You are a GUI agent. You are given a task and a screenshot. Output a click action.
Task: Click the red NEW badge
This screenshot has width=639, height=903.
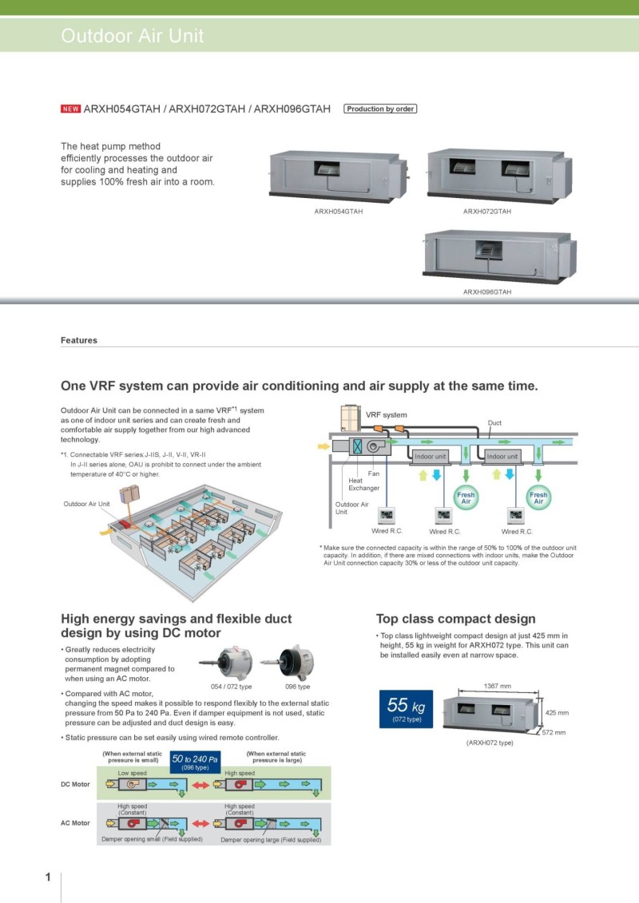pos(70,109)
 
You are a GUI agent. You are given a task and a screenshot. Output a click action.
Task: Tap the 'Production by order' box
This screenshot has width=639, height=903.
pos(380,109)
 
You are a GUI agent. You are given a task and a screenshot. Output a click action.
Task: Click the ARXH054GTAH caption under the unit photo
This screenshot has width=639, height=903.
pos(339,212)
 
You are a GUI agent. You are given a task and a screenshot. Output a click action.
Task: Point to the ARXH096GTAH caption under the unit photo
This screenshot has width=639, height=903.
pos(487,292)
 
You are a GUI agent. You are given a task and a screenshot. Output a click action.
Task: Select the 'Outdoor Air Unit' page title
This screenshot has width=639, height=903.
pos(133,36)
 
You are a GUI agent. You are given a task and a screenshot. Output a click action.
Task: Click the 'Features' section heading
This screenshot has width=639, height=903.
pos(79,340)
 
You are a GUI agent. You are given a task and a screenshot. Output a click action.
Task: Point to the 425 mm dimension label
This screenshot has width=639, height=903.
pos(557,712)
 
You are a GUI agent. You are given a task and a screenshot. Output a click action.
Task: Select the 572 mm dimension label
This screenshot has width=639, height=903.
pos(554,732)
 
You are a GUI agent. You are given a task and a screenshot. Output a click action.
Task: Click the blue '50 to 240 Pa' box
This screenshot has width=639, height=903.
pos(196,762)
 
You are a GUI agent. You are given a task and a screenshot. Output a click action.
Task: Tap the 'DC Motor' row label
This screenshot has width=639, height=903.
pos(76,784)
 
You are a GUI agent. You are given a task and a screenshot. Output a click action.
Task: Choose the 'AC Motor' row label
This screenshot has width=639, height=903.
pos(76,822)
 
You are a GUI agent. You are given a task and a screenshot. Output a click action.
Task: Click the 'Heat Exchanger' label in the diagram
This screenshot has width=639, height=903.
pos(363,484)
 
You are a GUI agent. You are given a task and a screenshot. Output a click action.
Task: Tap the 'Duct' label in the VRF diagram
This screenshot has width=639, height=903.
pos(494,422)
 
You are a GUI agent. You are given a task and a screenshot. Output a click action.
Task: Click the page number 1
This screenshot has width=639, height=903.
pos(48,877)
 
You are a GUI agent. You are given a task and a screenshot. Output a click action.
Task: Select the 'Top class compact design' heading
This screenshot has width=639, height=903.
pos(455,619)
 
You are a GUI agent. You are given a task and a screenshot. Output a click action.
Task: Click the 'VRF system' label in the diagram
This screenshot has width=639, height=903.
pos(386,415)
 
